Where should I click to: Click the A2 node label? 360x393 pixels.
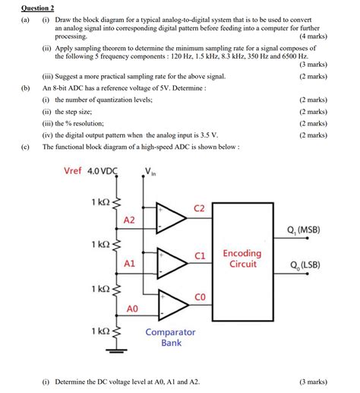click(x=129, y=220)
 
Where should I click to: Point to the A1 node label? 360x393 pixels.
click(x=129, y=263)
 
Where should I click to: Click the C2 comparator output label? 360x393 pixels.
click(x=200, y=208)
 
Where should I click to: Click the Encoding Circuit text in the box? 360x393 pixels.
click(x=242, y=258)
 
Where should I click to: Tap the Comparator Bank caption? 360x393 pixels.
click(x=171, y=337)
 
